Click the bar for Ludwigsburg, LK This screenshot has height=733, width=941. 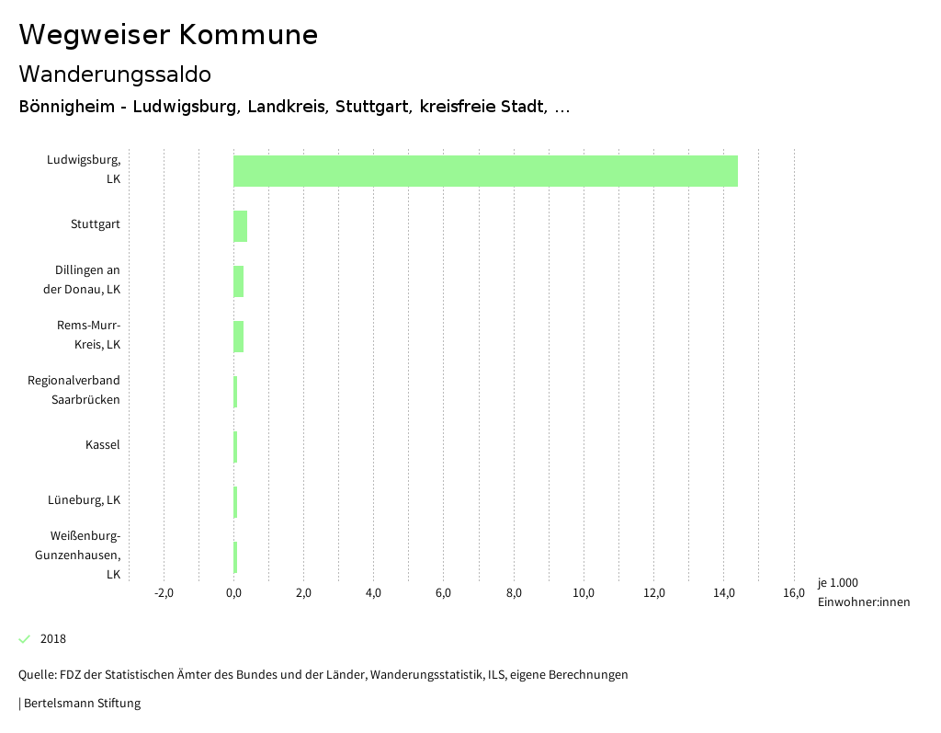pos(485,171)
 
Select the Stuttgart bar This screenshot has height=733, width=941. pos(240,226)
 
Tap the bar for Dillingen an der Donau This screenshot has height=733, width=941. pos(238,281)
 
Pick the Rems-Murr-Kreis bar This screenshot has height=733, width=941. pos(238,337)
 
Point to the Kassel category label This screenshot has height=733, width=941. pos(102,445)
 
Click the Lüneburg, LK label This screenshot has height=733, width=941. pos(84,500)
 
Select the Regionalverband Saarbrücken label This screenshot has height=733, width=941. pos(74,390)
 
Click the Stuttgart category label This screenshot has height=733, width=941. pos(95,224)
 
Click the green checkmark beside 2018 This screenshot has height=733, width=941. pos(25,639)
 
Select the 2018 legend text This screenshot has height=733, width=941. pos(53,639)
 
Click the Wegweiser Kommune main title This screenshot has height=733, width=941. pos(168,35)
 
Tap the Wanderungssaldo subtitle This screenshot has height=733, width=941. pos(115,74)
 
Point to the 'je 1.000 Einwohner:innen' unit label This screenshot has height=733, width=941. pos(863,592)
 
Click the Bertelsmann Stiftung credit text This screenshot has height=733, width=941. pos(81,704)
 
